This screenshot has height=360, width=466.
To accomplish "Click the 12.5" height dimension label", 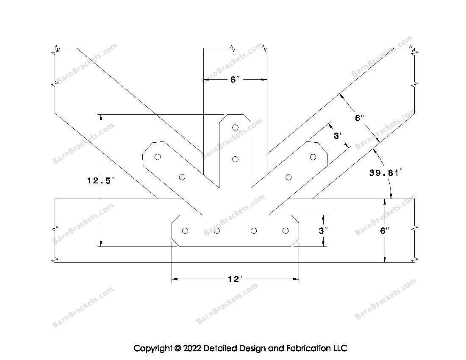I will pos(101,181).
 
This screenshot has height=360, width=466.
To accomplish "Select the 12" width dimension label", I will pos(235,279).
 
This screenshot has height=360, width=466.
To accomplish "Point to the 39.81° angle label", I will pos(385,173).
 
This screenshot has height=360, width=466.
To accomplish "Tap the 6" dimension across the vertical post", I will pos(235,80).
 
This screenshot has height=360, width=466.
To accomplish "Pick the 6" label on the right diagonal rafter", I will pos(360,118).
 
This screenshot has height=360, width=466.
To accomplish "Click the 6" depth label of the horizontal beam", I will pos(384,231).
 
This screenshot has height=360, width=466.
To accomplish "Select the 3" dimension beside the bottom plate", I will pos(323,231).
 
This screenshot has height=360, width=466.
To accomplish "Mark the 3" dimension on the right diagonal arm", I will pos(338,136).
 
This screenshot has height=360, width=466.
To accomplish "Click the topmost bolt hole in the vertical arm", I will pos(236,127).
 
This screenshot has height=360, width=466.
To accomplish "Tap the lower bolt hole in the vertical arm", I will pos(236,159).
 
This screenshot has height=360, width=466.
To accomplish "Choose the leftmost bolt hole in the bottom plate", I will pos(185,230).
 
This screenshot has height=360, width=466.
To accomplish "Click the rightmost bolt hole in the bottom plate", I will pos(285,230).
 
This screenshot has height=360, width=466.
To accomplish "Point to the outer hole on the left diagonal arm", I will pos(158,157).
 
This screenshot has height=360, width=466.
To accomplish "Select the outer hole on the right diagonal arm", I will pos(313,157).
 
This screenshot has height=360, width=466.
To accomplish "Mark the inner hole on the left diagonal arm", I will pos(182,177).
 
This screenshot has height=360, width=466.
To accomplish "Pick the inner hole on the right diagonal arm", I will pos(288,177).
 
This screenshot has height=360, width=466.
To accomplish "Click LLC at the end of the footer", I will pos(339,349).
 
